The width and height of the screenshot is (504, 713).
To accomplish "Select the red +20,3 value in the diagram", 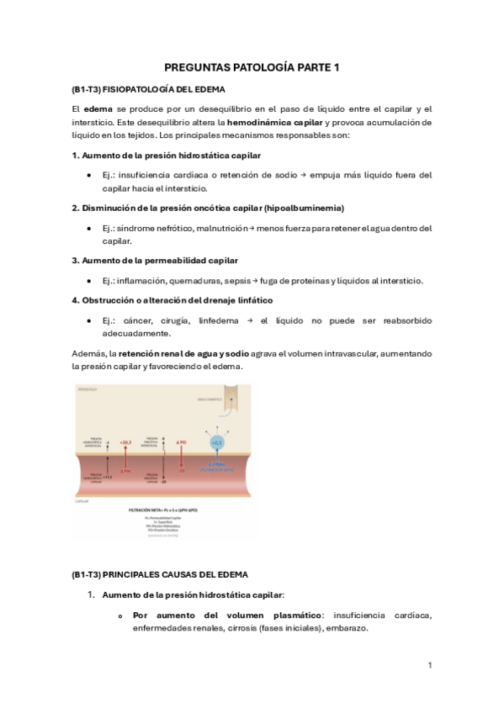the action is pos(125,441).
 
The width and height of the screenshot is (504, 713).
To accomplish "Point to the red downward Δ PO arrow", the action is pos(180,458).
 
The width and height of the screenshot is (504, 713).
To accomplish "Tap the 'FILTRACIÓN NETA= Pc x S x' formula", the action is pos(161,510).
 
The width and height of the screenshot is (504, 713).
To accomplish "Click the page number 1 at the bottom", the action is pos(430,665).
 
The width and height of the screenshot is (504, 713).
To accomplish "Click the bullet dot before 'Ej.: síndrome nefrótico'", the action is pos(89,229).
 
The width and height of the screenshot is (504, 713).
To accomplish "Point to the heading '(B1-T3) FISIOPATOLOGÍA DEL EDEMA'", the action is pos(148,89).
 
